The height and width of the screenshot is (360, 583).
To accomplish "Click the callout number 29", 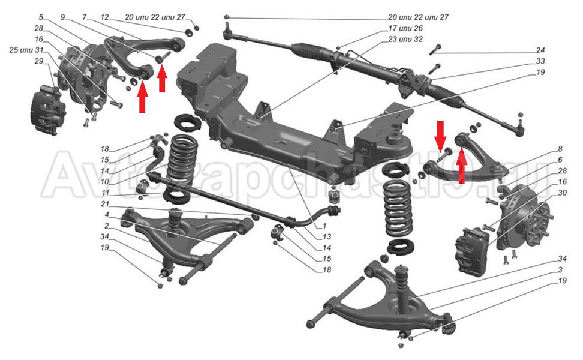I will click(x=39, y=62).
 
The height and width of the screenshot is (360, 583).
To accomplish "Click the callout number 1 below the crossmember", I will click(x=324, y=226).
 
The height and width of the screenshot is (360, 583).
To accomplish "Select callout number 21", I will click(x=106, y=205).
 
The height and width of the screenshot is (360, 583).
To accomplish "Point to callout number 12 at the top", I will click(x=105, y=17).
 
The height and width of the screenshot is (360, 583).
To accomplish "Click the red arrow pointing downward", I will click(x=440, y=133).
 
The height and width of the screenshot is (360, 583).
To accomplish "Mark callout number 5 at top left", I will click(x=41, y=17).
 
